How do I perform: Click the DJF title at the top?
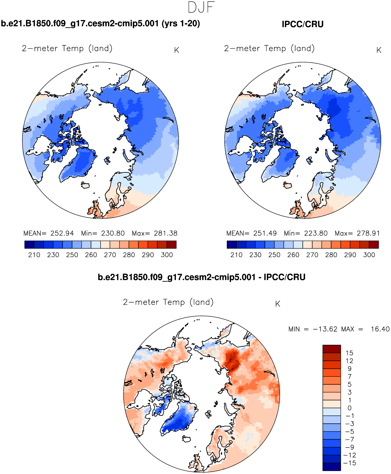point(201,7)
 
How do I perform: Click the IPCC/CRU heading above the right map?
point(302,24)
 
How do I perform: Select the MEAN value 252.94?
point(62,233)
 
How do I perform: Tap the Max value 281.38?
point(166,233)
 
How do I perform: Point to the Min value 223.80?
point(316,233)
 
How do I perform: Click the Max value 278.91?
point(368,233)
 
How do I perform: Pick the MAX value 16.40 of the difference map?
point(380,329)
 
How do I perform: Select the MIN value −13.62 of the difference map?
point(325,329)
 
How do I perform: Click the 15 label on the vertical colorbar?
point(349,353)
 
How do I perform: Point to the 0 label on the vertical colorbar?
point(349,408)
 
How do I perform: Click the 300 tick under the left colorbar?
point(167,255)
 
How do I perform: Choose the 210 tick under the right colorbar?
point(236,255)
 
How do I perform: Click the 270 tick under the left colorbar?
point(110,255)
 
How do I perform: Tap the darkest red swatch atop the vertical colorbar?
point(332,349)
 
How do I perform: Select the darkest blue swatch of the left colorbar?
point(29,245)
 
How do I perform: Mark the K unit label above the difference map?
point(278,304)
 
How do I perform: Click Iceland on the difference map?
point(186,439)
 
